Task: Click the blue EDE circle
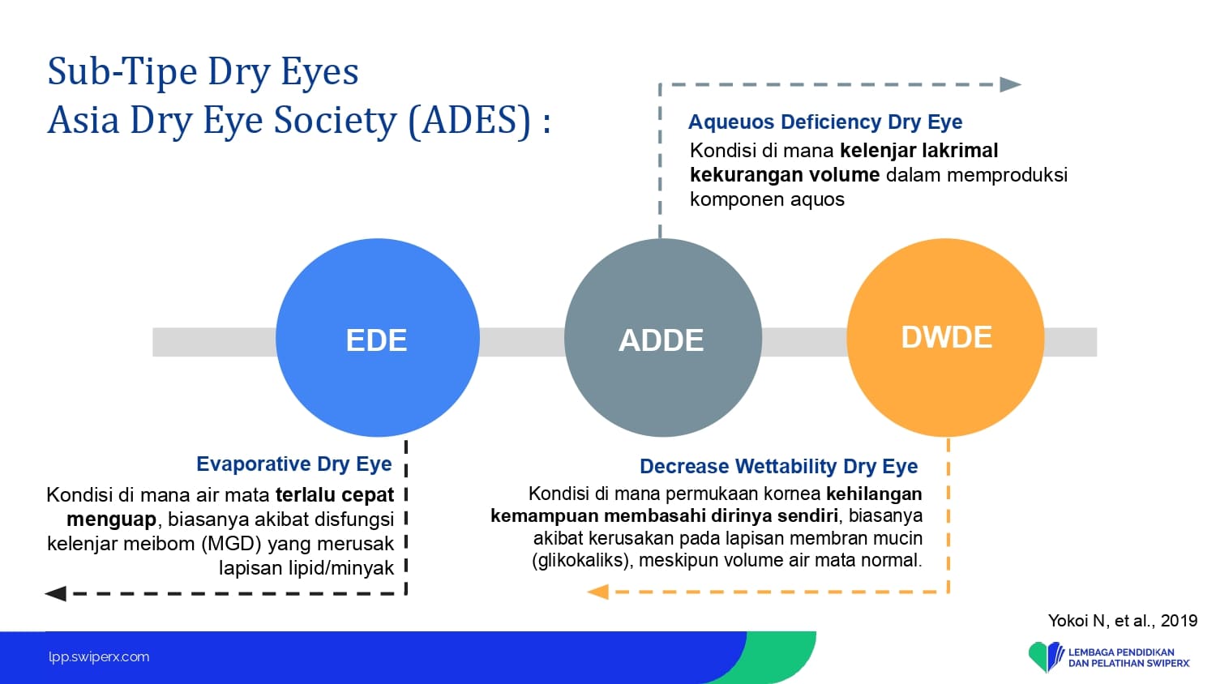377,338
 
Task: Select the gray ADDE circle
663,338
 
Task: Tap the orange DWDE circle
945,338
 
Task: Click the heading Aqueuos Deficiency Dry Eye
825,122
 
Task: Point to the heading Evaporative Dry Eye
293,464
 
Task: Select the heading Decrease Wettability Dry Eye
778,466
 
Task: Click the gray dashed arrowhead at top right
1010,84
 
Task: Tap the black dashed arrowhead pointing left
55,593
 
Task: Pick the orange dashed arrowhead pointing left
597,592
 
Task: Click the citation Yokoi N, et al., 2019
1123,621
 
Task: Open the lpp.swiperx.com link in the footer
99,657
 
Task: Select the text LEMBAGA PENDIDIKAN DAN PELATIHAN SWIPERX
1129,658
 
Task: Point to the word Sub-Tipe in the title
122,71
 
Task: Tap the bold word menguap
111,519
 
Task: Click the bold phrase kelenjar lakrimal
919,151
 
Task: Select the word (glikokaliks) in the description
583,560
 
